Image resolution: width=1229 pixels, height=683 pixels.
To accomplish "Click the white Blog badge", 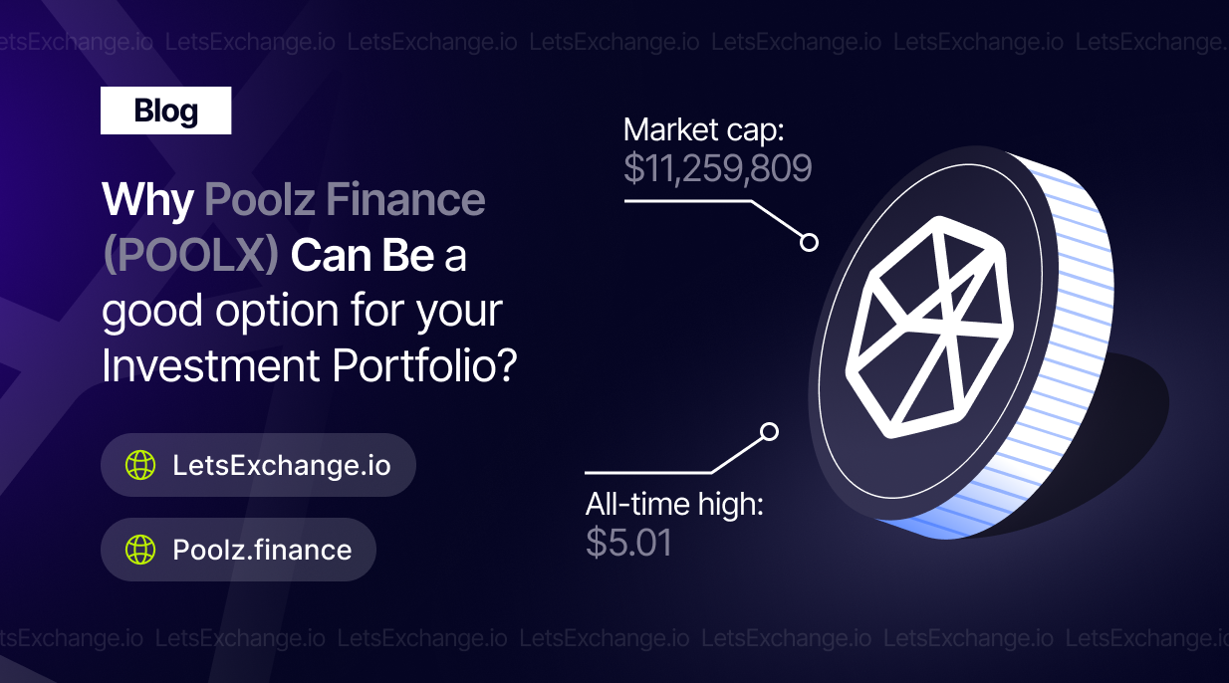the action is tap(165, 111).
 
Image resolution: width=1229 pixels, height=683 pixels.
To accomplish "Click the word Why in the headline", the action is tap(147, 201).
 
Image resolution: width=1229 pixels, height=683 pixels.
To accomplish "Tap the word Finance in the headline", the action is tap(405, 198).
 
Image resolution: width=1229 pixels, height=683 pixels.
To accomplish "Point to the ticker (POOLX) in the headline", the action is tap(191, 256).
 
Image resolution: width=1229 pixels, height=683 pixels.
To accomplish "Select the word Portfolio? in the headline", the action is tap(424, 364).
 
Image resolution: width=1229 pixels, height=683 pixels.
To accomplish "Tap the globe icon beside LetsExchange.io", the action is tap(140, 465).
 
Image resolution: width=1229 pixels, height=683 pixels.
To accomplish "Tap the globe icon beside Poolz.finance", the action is tap(140, 550).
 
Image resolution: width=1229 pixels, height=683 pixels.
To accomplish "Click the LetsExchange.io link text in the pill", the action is tap(282, 465).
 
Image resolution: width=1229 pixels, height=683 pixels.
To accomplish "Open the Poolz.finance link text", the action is tap(262, 550).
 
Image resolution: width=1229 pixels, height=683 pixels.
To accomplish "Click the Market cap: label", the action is tap(703, 130).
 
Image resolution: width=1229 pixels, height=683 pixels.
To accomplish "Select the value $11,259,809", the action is tap(717, 168).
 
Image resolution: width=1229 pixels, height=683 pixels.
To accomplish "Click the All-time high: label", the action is tap(674, 505).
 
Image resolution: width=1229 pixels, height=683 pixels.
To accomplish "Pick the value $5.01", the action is tap(628, 543).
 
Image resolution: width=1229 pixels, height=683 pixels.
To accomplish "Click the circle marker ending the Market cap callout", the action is tap(809, 242).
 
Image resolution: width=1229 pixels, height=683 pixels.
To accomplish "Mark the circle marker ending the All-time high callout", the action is tap(769, 432).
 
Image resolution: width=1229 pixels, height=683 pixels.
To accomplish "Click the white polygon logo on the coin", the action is tap(929, 328).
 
